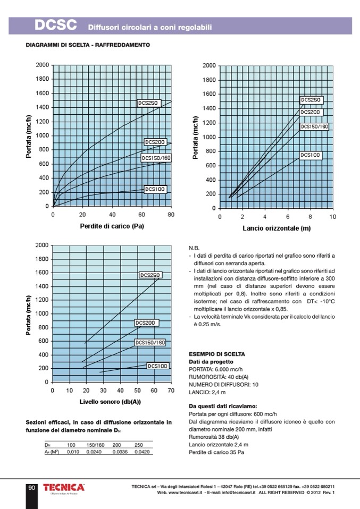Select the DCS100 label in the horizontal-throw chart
[x=311, y=155]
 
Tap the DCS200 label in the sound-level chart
[x=145, y=323]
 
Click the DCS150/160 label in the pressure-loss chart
[x=156, y=158]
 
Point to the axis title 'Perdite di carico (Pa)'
[x=112, y=226]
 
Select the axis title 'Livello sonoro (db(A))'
[x=110, y=402]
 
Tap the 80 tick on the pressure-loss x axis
[x=171, y=215]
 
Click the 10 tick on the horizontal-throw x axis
[x=333, y=217]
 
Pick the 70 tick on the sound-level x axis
[x=171, y=391]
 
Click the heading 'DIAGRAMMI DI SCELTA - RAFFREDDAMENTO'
[x=88, y=45]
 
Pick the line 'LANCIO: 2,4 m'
[x=207, y=392]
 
